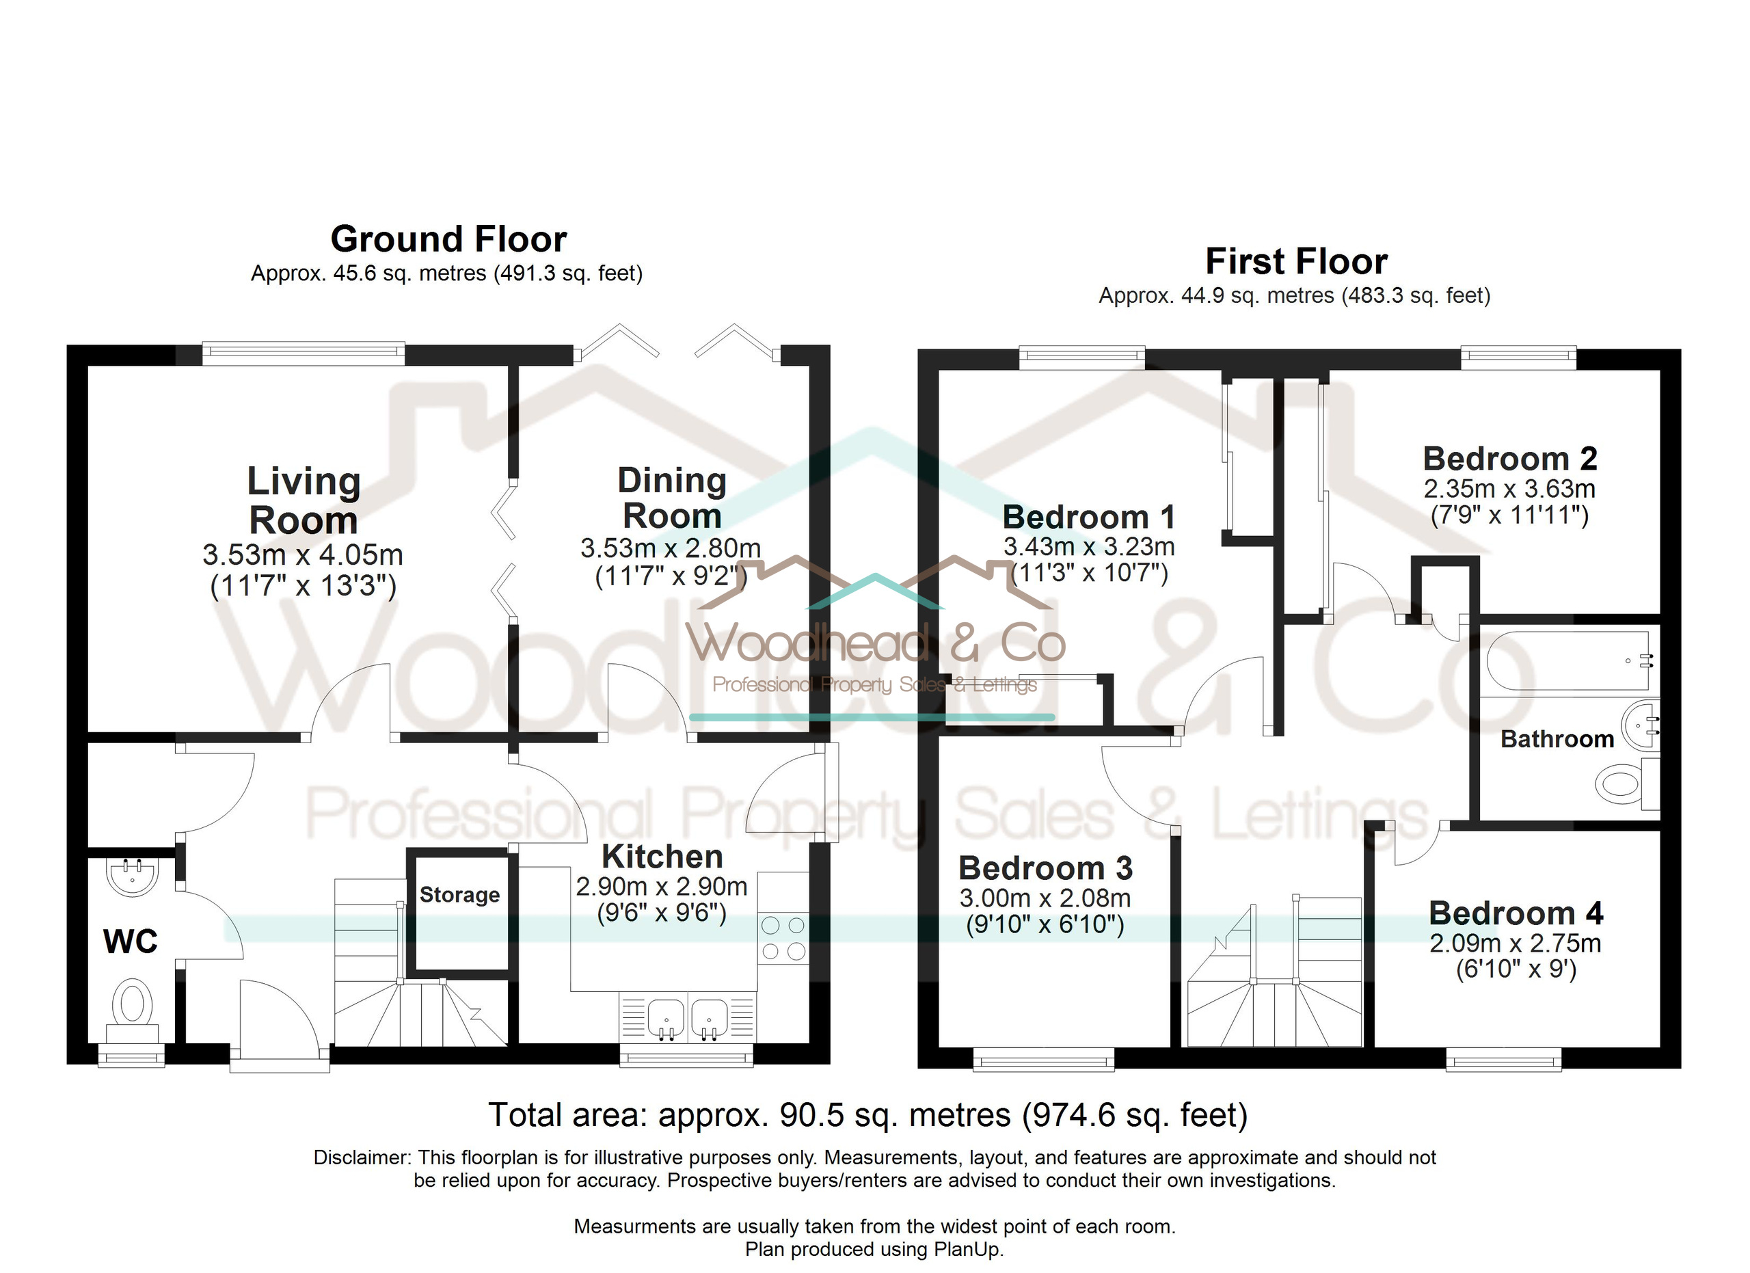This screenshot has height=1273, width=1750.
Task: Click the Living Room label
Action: tap(304, 500)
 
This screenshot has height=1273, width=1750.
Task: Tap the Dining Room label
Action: tap(672, 498)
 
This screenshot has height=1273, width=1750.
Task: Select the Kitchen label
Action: tap(662, 857)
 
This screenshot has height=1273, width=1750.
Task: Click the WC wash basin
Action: tap(132, 876)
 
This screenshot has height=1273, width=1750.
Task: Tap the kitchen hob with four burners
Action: tap(783, 937)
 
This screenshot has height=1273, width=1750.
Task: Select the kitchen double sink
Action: tap(688, 1019)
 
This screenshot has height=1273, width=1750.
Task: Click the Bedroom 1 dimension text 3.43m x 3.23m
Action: tap(1089, 546)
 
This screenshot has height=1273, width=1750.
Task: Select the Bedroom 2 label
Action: tap(1509, 458)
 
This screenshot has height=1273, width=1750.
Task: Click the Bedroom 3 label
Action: tap(1045, 868)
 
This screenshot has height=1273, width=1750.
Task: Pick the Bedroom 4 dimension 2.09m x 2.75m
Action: tap(1516, 943)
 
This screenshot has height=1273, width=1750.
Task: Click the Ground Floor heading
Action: tap(448, 239)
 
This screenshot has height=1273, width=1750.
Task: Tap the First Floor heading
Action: tap(1296, 262)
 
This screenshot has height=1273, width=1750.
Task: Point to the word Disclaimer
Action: tap(362, 1157)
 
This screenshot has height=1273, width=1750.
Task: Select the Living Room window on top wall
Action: tap(304, 354)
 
